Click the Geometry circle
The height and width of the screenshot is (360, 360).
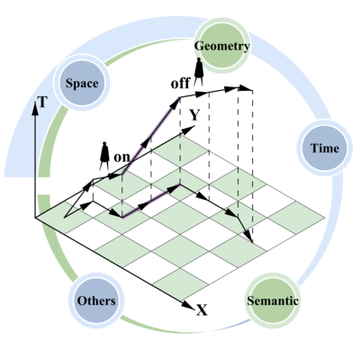coord(222,46)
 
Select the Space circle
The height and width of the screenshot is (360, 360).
coord(82,83)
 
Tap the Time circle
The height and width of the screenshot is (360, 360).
coord(325,148)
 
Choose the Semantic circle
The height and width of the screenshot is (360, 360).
coord(273,300)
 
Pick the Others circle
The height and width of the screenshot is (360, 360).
coord(96,301)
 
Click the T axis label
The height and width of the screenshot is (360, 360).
coord(42,103)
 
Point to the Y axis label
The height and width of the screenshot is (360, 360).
coord(194,115)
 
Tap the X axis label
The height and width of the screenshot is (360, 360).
coord(202,310)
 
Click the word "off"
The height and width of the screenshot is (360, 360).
coord(180,83)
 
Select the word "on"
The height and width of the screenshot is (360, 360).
coord(122,157)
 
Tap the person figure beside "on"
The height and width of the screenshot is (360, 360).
coord(104,156)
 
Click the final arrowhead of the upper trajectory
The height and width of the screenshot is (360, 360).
coord(245,88)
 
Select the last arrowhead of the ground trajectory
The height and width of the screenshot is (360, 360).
coord(248,236)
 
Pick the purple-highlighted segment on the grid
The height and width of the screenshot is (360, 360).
coord(151,201)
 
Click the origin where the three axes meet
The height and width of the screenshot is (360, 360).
coord(35,217)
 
